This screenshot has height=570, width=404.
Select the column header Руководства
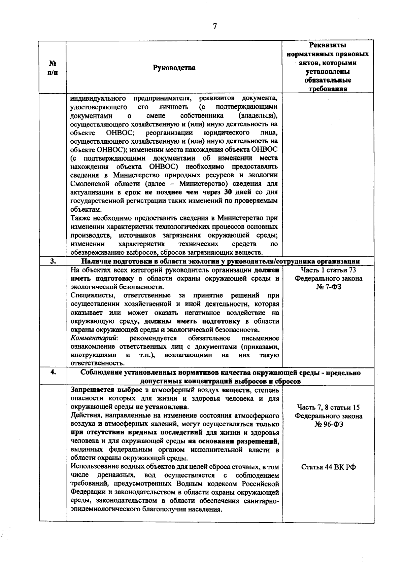[174, 68]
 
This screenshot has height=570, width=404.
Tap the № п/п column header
[53, 68]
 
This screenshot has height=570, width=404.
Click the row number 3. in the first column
[53, 261]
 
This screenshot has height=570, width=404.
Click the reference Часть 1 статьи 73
[328, 270]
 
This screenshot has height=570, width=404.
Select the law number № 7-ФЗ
[328, 287]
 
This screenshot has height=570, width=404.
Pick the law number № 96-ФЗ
[328, 424]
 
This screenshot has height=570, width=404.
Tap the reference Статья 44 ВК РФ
[328, 467]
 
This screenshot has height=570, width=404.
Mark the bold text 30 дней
[239, 192]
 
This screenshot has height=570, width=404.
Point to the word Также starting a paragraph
[80, 218]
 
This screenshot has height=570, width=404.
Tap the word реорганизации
[161, 132]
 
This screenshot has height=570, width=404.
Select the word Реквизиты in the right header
[328, 45]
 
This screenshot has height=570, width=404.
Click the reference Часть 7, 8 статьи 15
[328, 407]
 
